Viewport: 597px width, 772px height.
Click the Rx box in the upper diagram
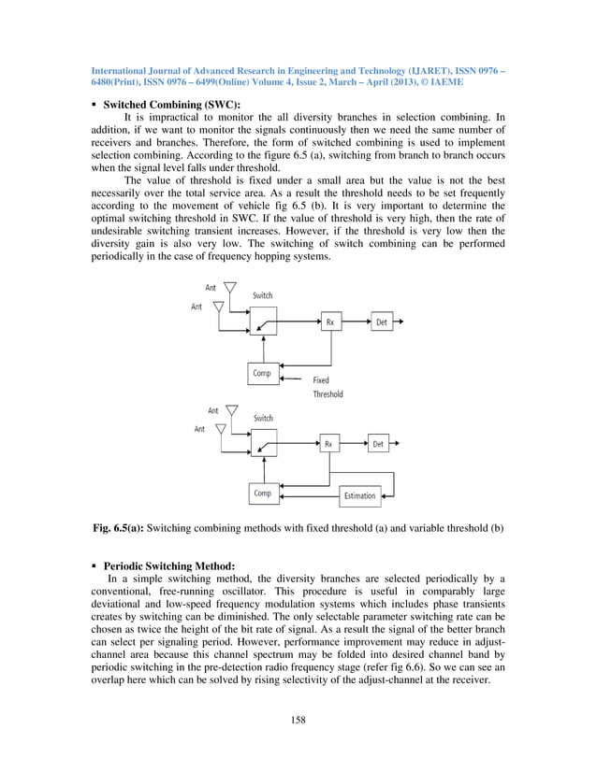click(x=330, y=322)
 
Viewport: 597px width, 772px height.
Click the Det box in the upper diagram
click(x=382, y=322)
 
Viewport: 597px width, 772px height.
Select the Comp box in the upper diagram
click(x=263, y=373)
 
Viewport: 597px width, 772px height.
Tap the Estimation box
click(x=359, y=494)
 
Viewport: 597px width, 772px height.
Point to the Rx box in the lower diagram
click(x=328, y=444)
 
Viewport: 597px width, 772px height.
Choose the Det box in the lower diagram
click(x=378, y=444)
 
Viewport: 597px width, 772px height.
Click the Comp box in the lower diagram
click(x=263, y=493)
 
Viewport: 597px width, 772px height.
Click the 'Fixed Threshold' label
click(x=328, y=387)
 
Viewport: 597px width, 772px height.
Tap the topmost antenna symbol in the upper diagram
click(x=230, y=291)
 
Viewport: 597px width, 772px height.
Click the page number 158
click(x=298, y=719)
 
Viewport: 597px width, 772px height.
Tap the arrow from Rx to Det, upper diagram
click(x=357, y=322)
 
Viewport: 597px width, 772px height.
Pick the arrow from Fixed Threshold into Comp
click(x=294, y=379)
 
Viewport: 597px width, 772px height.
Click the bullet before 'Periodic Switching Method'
click(x=95, y=565)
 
